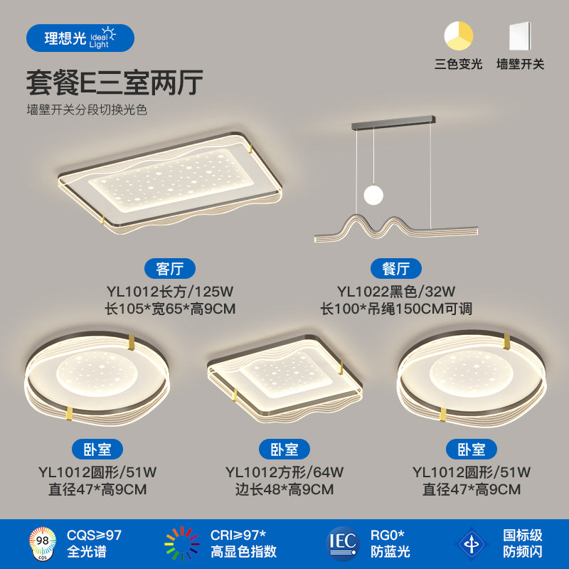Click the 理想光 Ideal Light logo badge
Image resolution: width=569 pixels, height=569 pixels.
80,38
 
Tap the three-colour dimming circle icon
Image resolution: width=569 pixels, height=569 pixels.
459,36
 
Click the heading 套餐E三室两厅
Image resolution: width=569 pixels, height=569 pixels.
115,83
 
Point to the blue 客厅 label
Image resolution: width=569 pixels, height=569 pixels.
169,268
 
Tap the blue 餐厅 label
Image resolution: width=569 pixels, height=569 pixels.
396,268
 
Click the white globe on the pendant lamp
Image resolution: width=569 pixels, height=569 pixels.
373,193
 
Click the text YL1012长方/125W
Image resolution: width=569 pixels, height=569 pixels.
170,290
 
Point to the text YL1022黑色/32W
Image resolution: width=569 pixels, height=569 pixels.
396,290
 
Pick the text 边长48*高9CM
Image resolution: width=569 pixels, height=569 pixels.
284,489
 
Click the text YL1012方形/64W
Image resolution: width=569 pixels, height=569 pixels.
284,472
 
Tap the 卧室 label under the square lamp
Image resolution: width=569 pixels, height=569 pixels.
284,449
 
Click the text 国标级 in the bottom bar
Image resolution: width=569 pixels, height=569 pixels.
523,535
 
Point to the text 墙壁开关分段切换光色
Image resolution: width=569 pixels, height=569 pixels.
87,110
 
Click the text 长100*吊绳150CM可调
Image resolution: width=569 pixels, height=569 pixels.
396,309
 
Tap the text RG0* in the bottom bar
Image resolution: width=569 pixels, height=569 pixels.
388,535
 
